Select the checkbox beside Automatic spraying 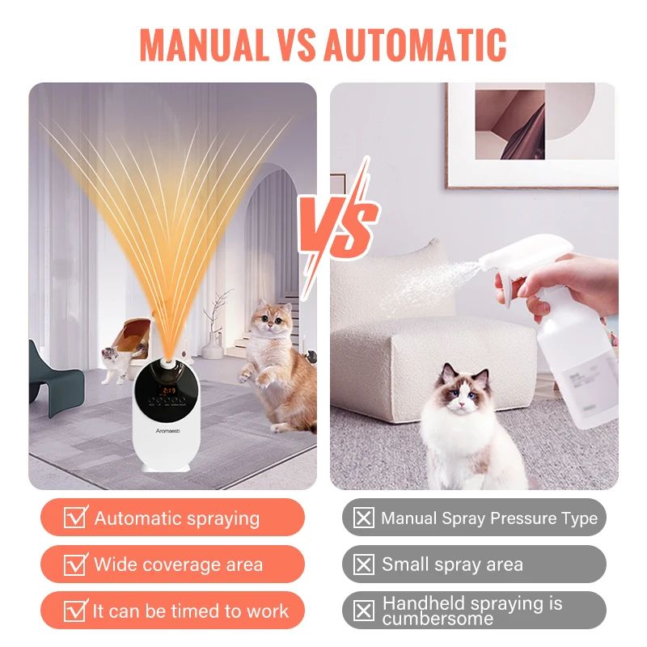[75, 518]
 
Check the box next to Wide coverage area [75, 564]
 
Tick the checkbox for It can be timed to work [75, 610]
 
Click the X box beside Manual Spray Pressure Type [365, 518]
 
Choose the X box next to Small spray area [365, 564]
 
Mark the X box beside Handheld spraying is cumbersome [365, 611]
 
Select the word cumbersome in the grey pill [438, 619]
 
